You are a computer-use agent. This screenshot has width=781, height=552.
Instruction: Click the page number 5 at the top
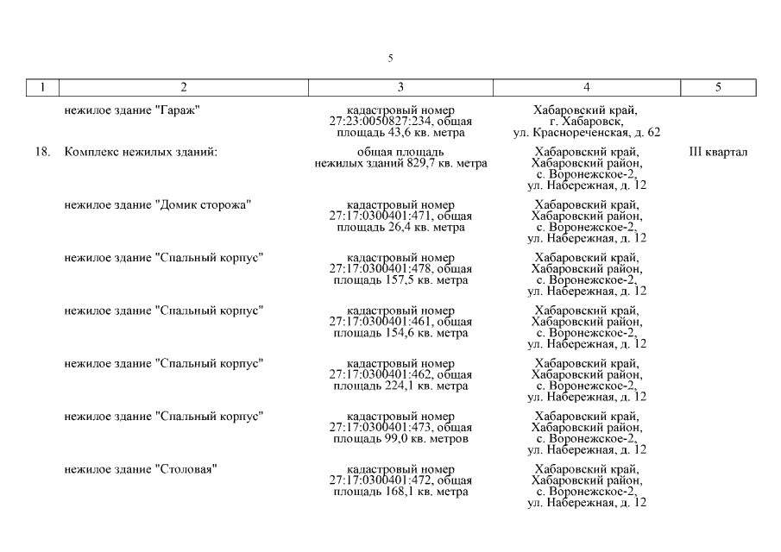[x=391, y=59]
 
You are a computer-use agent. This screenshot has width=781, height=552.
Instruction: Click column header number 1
[x=42, y=87]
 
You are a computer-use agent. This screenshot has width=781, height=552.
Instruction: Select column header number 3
[x=400, y=87]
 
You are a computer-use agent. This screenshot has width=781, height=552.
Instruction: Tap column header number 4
[x=587, y=87]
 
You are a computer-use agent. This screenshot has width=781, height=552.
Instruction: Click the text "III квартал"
[x=718, y=153]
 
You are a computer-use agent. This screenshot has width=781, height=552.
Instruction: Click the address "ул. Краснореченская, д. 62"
[x=587, y=133]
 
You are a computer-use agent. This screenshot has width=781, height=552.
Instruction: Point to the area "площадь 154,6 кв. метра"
[x=400, y=333]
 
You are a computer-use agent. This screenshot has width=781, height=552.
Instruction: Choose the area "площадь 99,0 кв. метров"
[x=400, y=438]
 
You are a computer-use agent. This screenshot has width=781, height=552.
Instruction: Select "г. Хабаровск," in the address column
[x=587, y=122]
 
